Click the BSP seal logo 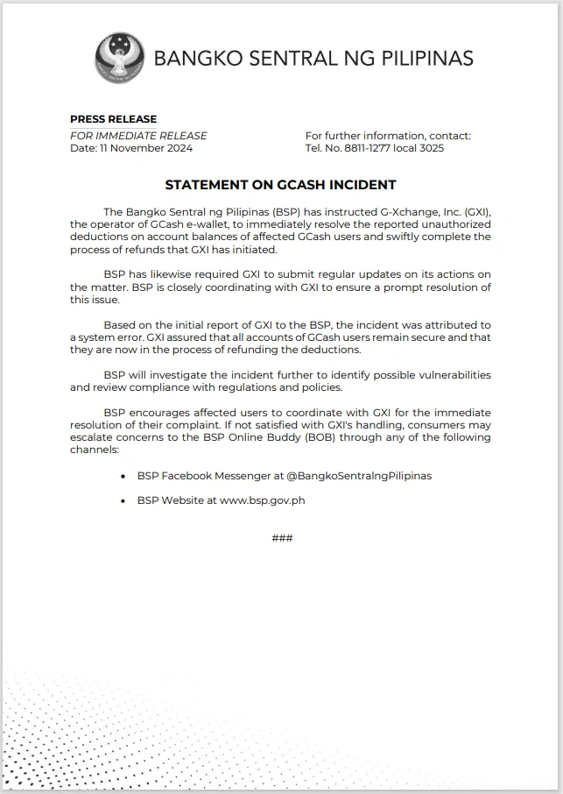tap(121, 58)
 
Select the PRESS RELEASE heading tap(114, 119)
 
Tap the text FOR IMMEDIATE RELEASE tap(138, 136)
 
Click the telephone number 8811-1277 tap(356, 148)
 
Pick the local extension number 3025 tap(428, 148)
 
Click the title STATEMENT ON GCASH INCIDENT tap(280, 185)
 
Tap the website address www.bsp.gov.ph tap(263, 500)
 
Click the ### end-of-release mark tap(282, 538)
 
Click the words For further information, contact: tap(388, 136)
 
